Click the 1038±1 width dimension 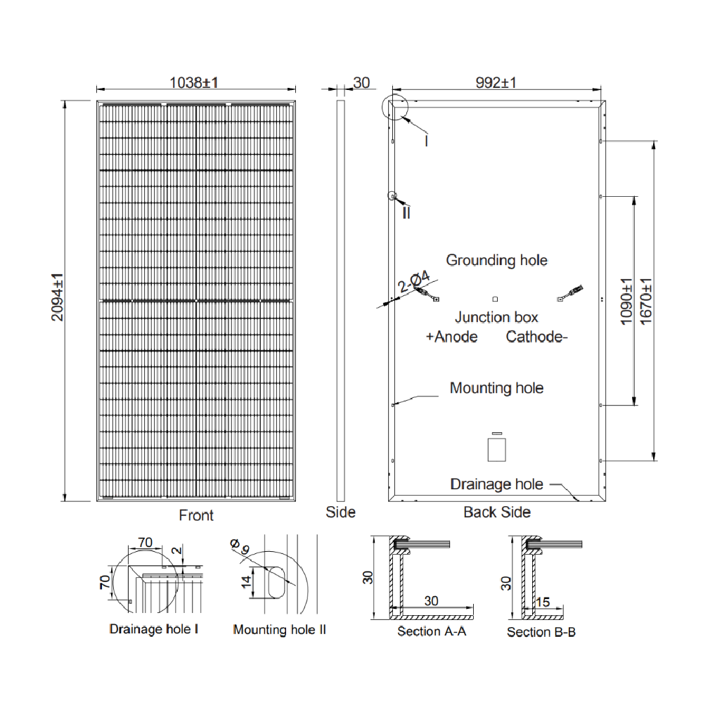pos(195,82)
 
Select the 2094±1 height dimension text pos(57,297)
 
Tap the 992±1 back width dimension pos(496,82)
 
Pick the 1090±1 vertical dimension pos(626,300)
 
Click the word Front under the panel pos(196,515)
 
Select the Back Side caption pos(496,512)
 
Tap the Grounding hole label pos(496,260)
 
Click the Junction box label pos(496,317)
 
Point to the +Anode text pos(451,337)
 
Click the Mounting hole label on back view pos(496,387)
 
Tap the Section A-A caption pos(432,631)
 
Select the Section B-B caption pos(541,632)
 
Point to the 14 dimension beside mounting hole pos(243,583)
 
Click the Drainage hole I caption pos(153,628)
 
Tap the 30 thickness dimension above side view pos(361,82)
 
